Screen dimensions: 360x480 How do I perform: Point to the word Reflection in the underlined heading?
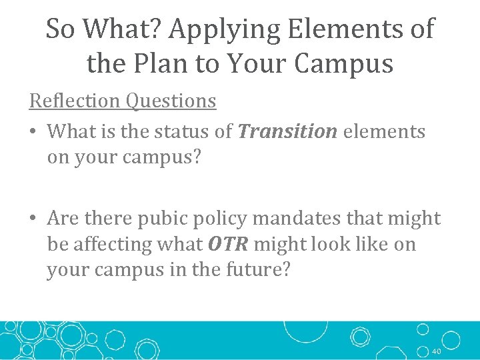[x=75, y=101]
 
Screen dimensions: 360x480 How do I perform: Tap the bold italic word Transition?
[x=287, y=132]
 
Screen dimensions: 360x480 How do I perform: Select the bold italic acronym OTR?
[x=228, y=245]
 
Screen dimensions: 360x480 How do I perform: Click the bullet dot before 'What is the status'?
[x=33, y=132]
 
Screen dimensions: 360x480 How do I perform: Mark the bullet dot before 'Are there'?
[x=33, y=219]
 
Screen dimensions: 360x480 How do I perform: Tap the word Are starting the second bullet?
[x=63, y=219]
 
